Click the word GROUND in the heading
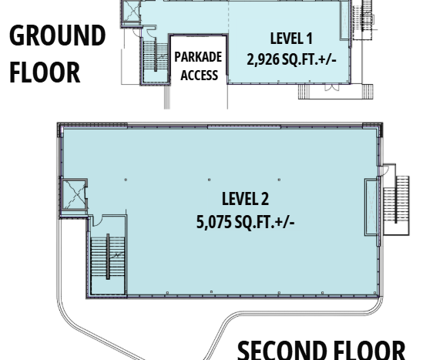(58, 35)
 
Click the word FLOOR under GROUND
(45, 72)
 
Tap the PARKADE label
(198, 57)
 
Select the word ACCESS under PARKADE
(200, 76)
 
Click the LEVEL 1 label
(291, 39)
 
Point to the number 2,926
(263, 59)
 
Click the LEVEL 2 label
(245, 199)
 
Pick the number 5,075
(213, 222)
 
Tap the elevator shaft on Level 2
(74, 195)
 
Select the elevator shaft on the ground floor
(132, 12)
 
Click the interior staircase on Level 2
(108, 257)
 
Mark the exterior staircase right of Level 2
(396, 200)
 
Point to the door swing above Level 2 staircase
(97, 220)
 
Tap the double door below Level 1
(332, 87)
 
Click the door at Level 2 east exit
(384, 170)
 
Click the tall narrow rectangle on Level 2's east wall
(371, 207)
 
